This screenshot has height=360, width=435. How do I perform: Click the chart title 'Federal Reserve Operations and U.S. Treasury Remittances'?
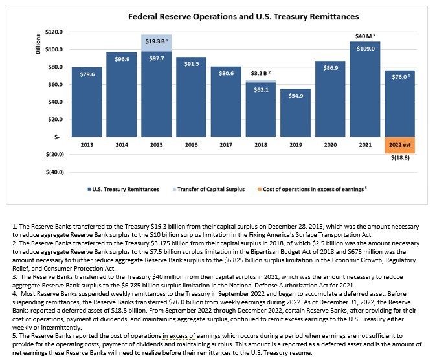[x=243, y=17]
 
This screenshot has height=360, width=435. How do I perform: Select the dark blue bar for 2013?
[x=87, y=102]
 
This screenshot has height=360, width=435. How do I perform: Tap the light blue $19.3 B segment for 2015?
[x=157, y=43]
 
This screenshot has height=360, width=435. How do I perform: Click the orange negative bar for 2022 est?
[x=400, y=145]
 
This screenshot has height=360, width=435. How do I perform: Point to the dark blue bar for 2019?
[x=295, y=113]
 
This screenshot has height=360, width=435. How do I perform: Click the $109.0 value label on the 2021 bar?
[x=365, y=49]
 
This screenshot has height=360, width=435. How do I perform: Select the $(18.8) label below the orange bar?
[x=400, y=157]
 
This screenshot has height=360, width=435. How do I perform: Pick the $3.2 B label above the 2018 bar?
[x=260, y=73]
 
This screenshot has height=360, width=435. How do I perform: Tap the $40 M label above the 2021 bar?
[x=365, y=36]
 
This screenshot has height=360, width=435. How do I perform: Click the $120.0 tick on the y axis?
[x=54, y=32]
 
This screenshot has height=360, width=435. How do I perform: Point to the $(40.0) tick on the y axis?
[x=54, y=172]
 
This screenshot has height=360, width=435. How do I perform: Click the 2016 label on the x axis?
[x=192, y=145]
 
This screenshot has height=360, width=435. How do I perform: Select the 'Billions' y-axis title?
[x=38, y=44]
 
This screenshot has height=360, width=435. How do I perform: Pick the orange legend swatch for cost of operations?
[x=260, y=189]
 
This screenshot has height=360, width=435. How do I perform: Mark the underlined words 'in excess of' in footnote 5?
[x=179, y=336]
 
